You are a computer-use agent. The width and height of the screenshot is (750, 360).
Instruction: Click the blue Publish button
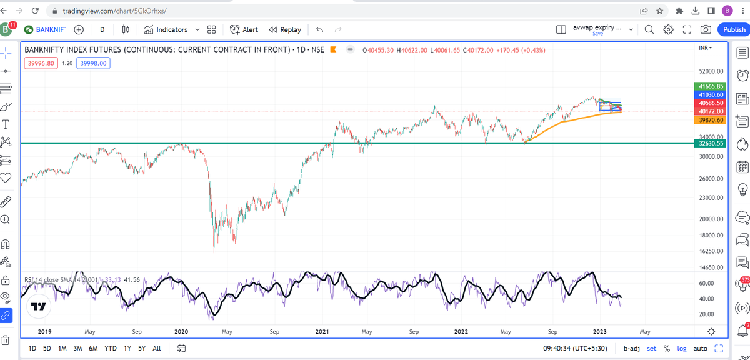734,29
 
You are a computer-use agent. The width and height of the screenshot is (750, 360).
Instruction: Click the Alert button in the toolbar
244,29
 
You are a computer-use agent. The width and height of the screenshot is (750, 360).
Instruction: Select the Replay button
285,29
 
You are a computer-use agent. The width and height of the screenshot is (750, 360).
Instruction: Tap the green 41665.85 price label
711,86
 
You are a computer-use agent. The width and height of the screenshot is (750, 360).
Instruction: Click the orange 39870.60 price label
711,119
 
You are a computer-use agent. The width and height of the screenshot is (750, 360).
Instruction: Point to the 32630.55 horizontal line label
711,143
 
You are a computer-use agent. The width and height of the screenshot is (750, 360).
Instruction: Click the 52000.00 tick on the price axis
711,71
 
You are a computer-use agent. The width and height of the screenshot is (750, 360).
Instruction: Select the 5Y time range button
142,348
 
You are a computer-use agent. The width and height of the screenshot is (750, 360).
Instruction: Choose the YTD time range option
110,348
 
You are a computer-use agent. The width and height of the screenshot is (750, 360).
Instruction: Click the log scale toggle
682,348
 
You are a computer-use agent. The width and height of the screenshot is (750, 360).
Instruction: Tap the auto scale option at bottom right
701,348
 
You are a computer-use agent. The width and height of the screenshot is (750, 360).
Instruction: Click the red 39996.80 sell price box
41,62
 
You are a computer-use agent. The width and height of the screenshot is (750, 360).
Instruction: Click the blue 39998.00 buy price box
93,62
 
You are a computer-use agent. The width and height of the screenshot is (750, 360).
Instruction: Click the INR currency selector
706,48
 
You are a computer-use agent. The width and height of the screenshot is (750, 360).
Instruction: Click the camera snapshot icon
706,29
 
